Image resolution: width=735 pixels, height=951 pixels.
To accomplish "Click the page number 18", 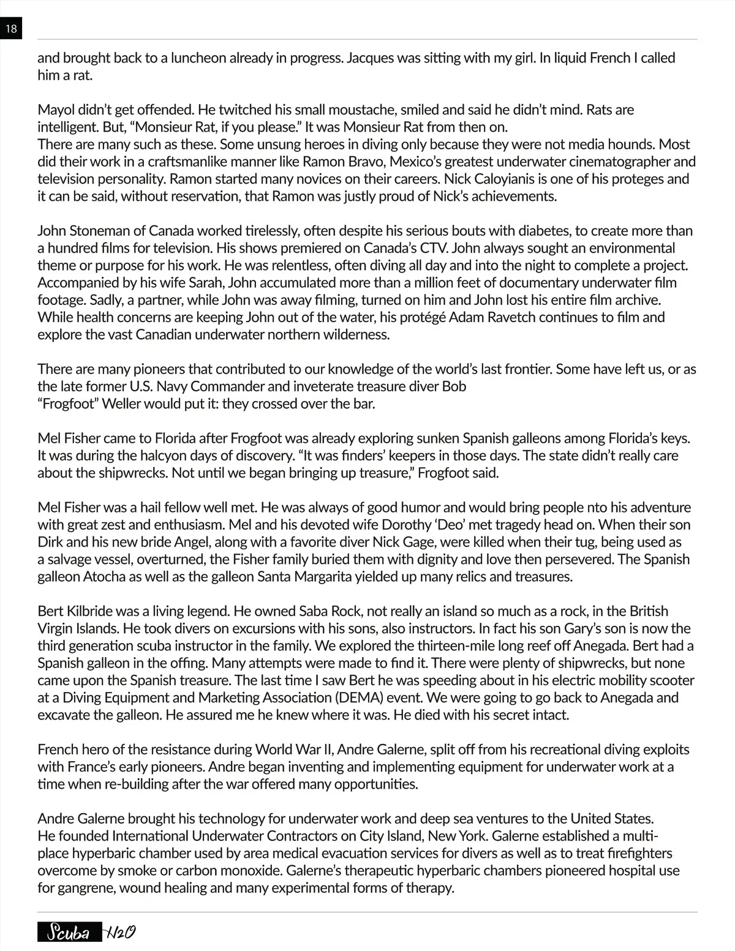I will point(10,29).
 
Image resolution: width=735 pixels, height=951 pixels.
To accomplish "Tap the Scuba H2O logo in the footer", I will point(86,933).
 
